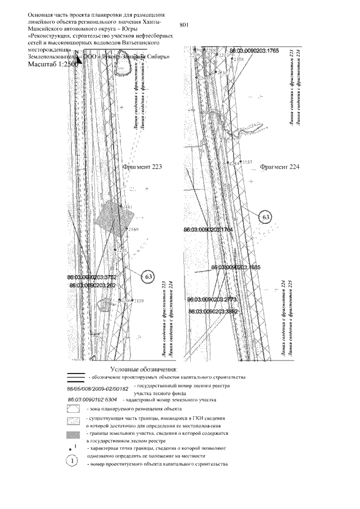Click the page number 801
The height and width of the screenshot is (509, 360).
[x=187, y=24]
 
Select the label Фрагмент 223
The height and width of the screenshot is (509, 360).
[x=142, y=167]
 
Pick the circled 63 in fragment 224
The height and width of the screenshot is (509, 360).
[x=267, y=217]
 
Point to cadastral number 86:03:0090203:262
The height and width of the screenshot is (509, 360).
[x=92, y=286]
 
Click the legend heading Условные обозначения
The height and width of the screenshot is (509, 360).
[x=143, y=368]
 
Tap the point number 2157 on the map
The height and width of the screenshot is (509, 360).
[x=235, y=162]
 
